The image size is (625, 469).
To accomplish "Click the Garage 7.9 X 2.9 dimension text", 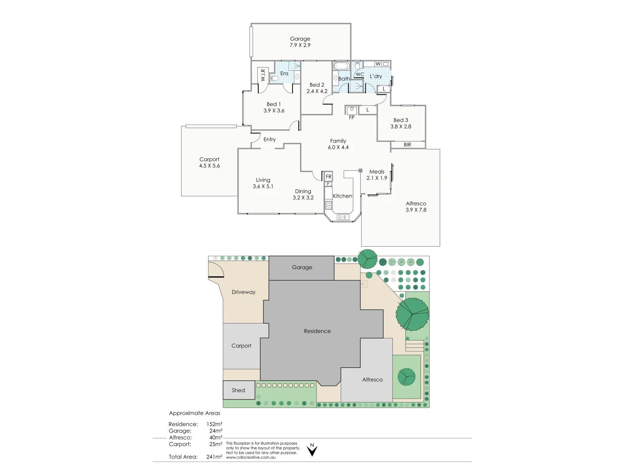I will point(300,45).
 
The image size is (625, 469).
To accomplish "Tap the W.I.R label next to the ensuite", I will point(263,76).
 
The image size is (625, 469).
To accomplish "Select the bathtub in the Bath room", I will point(341,66).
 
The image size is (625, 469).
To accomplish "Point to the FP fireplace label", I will point(352,117).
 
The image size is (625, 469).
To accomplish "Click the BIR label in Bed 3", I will point(407,145).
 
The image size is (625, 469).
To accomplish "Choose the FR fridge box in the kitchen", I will point(329,176).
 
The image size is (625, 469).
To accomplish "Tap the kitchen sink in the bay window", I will point(343,217).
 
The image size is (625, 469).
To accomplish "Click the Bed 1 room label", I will point(273,104).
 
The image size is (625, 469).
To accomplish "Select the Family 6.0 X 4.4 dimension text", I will point(338,147).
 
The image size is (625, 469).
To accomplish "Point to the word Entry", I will point(270,139).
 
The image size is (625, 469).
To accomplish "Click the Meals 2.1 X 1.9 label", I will point(377,175).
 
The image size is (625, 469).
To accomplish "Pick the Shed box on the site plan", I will point(239,390).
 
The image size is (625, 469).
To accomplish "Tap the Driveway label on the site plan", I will point(243,292).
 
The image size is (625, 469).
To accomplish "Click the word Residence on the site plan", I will point(317,331).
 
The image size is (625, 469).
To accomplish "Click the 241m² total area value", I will point(214,457).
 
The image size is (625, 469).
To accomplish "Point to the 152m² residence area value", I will point(214,424).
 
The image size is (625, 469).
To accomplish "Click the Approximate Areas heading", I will point(194,413).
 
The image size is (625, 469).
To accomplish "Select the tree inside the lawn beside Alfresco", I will point(407,377).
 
